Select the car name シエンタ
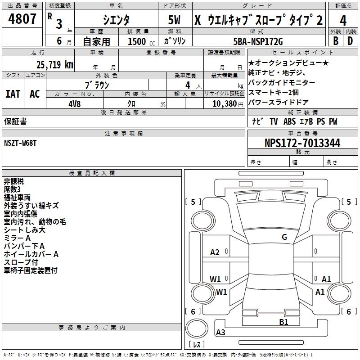[x=116, y=20]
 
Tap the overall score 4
[x=343, y=20]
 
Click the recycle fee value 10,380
[x=224, y=103]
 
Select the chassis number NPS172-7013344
[x=302, y=143]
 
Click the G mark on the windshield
[x=284, y=237]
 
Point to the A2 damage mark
[x=215, y=252]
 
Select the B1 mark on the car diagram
[x=283, y=322]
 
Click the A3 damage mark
[x=220, y=333]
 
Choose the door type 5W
[x=175, y=20]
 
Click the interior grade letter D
[x=350, y=41]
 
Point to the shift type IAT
[x=13, y=94]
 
